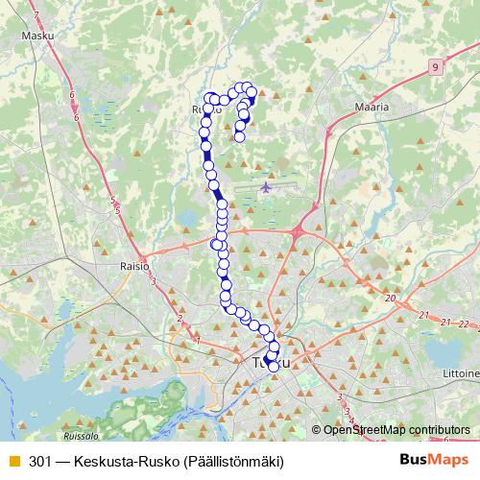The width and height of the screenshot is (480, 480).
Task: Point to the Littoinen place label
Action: tap(458, 372)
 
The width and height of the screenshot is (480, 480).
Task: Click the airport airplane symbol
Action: tap(266, 186)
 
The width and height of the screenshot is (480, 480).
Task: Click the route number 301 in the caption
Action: tap(40, 461)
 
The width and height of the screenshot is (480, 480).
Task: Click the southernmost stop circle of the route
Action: tap(274, 367)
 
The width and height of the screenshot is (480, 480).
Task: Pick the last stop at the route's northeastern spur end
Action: tap(239, 137)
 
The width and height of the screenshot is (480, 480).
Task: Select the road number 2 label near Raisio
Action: tap(179, 319)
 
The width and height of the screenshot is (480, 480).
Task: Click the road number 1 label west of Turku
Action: tap(197, 339)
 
